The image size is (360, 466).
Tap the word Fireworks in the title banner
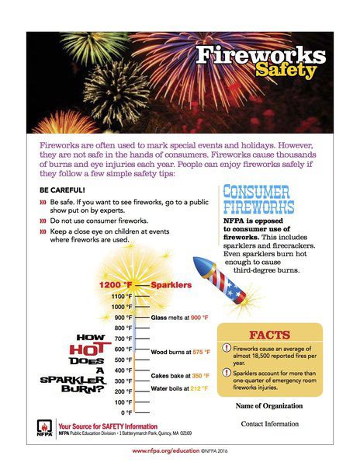(x=261, y=55)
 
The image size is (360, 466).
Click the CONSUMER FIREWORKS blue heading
(x=258, y=200)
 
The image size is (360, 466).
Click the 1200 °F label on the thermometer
(x=116, y=285)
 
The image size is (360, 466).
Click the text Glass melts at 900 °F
(x=179, y=318)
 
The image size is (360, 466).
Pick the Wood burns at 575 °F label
(x=180, y=353)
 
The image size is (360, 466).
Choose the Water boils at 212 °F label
(x=181, y=388)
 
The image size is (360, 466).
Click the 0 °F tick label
(x=123, y=412)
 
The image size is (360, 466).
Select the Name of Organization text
(x=268, y=405)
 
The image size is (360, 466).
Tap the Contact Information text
(x=269, y=423)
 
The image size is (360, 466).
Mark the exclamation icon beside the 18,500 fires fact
(x=227, y=349)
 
